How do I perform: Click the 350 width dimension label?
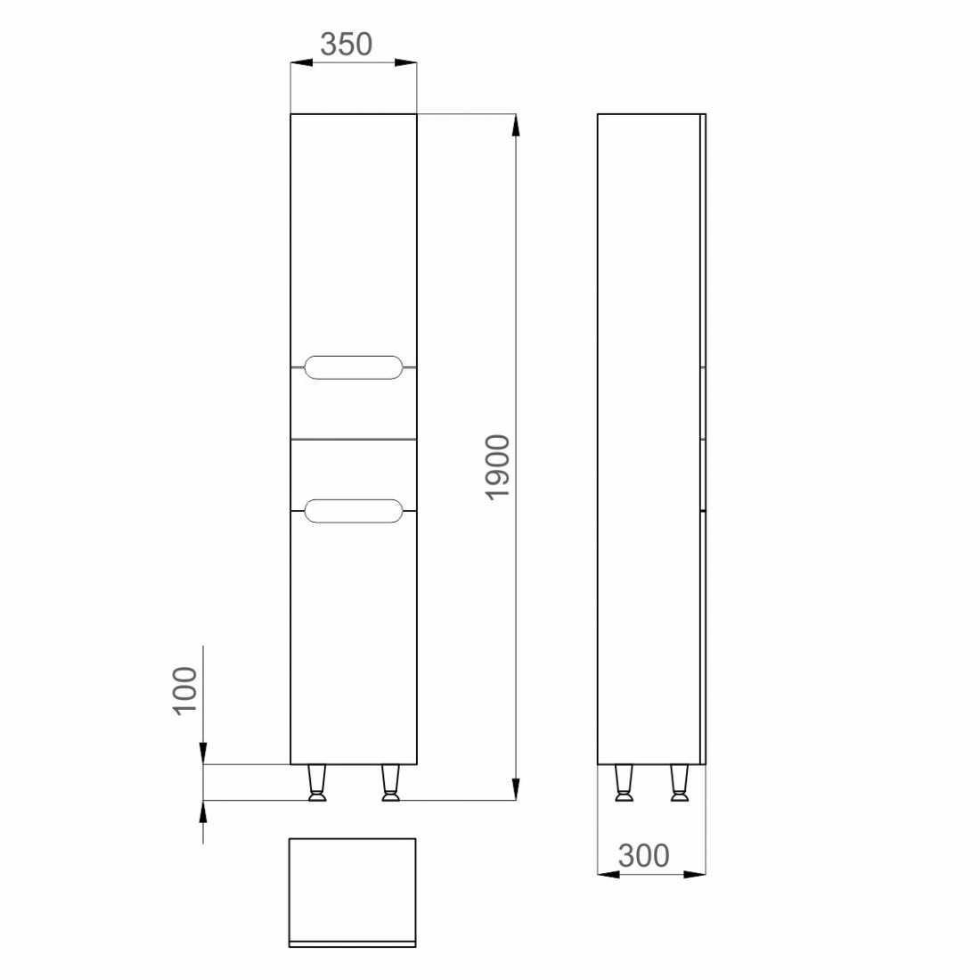(347, 45)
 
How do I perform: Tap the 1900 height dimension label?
(499, 466)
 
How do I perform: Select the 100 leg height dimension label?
(185, 690)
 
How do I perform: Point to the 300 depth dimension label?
(644, 855)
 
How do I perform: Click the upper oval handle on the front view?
(353, 367)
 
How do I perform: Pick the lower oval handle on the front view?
(353, 511)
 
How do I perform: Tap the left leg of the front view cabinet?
(317, 782)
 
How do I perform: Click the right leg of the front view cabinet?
(390, 782)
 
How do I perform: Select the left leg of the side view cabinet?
(624, 782)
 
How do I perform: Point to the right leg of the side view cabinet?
(680, 782)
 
